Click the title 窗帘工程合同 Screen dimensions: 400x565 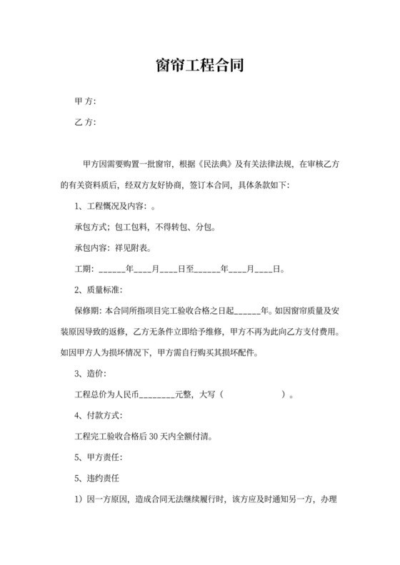[x=200, y=68]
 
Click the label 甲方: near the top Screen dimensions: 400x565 [x=85, y=102]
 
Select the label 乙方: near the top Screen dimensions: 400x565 [x=85, y=123]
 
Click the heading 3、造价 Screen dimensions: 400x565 [x=90, y=374]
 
